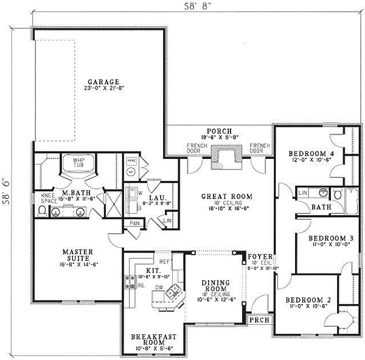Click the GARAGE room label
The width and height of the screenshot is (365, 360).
pyautogui.click(x=102, y=82)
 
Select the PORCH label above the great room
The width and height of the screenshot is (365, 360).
pyautogui.click(x=217, y=131)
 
